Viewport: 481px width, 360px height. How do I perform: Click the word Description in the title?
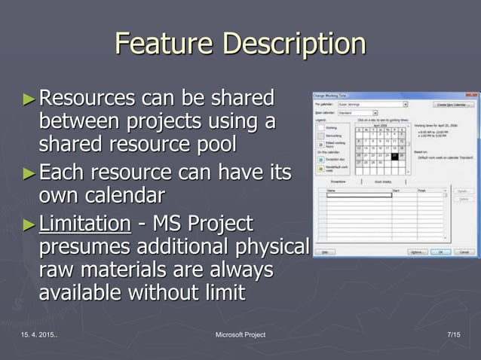(293, 44)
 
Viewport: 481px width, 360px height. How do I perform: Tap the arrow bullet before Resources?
(29, 99)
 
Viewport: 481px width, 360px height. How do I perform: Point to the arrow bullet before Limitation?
(29, 224)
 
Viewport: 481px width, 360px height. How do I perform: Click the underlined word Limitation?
(84, 224)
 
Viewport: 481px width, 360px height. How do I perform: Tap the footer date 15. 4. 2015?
(35, 334)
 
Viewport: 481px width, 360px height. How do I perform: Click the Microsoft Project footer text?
(240, 334)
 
